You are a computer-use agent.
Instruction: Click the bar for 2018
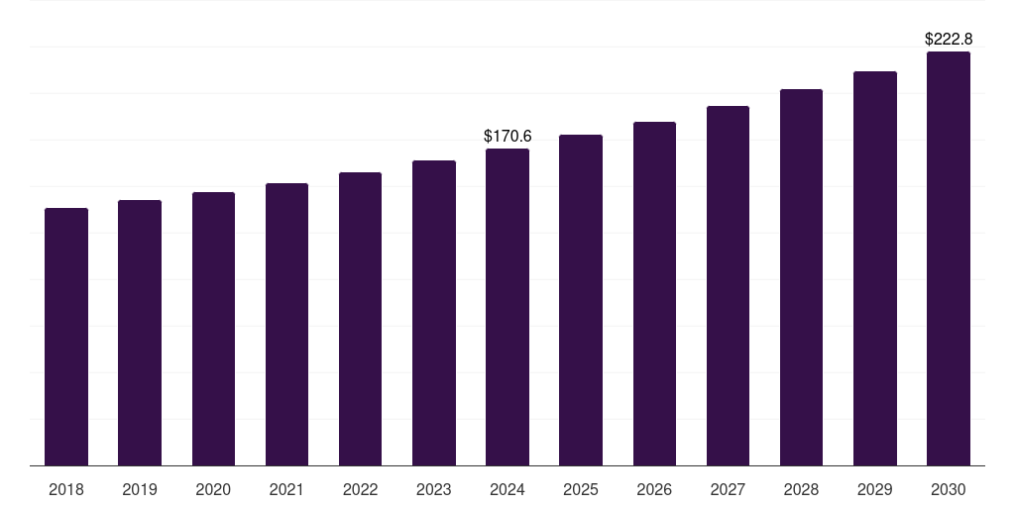[66, 337]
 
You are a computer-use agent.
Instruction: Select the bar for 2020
[213, 329]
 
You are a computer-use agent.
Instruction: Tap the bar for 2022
[360, 319]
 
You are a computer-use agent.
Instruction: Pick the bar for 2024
[507, 307]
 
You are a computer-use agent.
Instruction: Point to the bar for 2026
[654, 294]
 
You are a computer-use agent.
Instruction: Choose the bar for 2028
[801, 277]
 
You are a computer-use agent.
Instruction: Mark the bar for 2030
[949, 258]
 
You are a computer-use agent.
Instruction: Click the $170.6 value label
[507, 136]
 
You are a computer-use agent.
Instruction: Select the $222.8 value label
[949, 40]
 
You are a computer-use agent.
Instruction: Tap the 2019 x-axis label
[140, 489]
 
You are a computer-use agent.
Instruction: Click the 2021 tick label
[286, 489]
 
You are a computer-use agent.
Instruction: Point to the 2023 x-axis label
[434, 489]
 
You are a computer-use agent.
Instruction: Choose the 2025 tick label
[581, 489]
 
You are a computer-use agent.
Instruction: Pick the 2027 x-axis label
[728, 489]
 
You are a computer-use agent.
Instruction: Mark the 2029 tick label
[875, 489]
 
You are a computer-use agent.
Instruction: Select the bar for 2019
[140, 333]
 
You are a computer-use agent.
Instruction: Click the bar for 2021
[286, 325]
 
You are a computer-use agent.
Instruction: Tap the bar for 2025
[581, 300]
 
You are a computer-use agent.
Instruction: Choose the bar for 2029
[875, 268]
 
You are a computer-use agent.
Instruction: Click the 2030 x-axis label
[949, 489]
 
